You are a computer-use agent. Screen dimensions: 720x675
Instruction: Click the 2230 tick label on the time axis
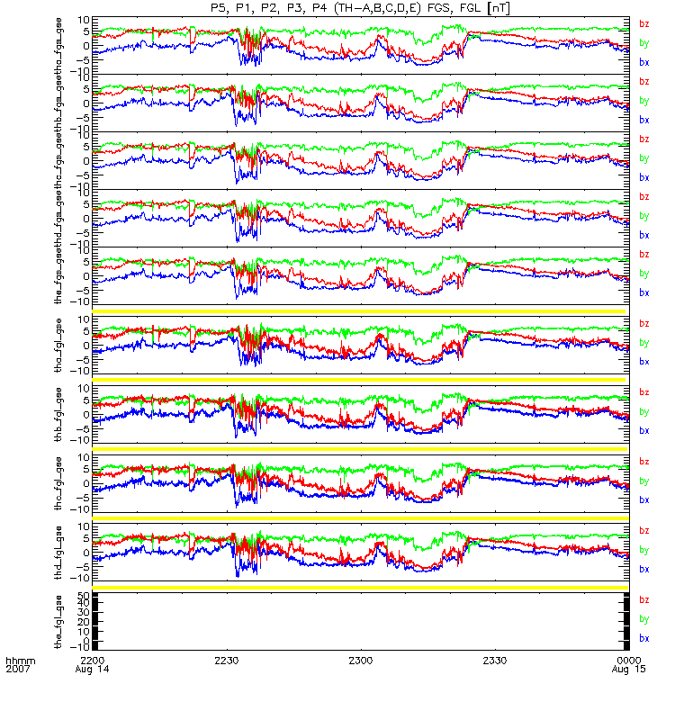pos(227,661)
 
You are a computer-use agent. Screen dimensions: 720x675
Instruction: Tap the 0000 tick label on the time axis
pos(616,661)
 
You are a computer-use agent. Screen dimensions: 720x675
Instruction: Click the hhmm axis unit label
pos(20,661)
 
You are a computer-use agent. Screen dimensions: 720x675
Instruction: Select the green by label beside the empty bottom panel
pos(643,619)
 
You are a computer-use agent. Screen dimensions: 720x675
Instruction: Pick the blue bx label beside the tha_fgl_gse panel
pos(643,362)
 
